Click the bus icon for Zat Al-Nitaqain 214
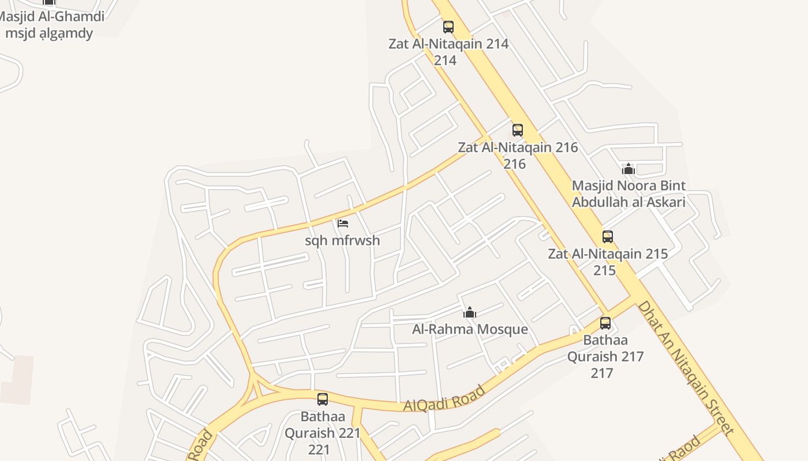tap(448, 27)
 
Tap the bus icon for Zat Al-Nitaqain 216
tap(518, 130)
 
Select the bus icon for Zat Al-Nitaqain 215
tap(608, 237)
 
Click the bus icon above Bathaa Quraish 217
tap(605, 323)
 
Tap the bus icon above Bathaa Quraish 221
tap(323, 399)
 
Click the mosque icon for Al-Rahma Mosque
tap(470, 312)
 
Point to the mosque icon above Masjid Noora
tap(629, 169)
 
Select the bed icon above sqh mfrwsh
tap(343, 224)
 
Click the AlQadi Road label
tap(444, 399)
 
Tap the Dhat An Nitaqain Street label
tap(686, 368)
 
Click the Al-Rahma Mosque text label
tap(470, 330)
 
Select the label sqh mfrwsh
tap(342, 240)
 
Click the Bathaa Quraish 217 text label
tap(605, 356)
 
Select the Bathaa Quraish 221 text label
tap(322, 432)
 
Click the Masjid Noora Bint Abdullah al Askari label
tap(629, 194)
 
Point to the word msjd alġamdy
tap(49, 33)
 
